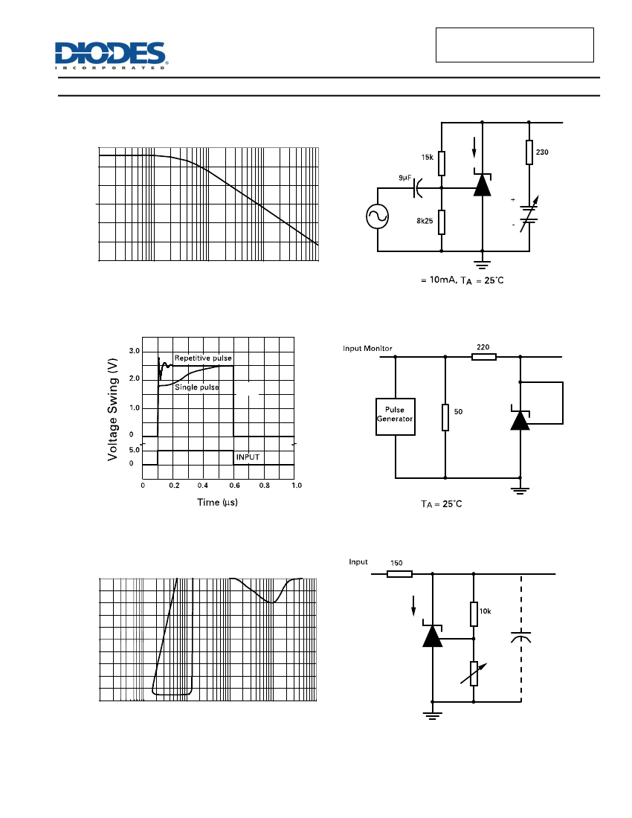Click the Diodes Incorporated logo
click(x=111, y=56)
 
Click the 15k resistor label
click(x=427, y=158)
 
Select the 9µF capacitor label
click(x=405, y=178)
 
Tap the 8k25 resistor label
click(x=425, y=221)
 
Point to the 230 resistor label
click(x=542, y=152)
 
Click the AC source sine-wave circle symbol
click(x=378, y=216)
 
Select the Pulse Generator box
click(x=396, y=416)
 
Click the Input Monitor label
click(x=367, y=349)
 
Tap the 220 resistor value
click(x=483, y=347)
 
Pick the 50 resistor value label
click(x=458, y=412)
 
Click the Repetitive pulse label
click(x=203, y=358)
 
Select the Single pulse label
click(x=196, y=387)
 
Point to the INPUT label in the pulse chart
click(x=248, y=457)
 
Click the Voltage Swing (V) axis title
click(x=112, y=410)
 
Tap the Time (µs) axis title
click(x=217, y=503)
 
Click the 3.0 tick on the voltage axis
click(x=135, y=351)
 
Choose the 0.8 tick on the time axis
click(x=265, y=486)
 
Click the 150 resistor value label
click(x=397, y=563)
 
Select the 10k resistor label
click(x=485, y=611)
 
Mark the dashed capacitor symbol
click(x=521, y=637)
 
